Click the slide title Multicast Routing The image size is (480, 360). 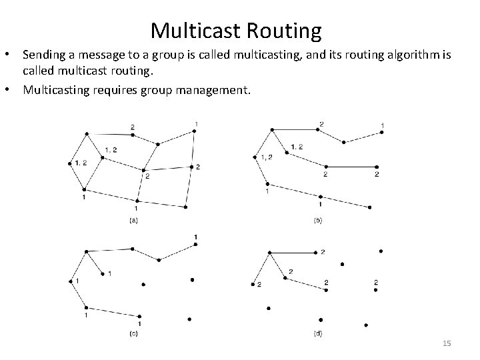(236, 30)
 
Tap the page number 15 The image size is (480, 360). (447, 343)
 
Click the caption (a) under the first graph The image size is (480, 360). (133, 220)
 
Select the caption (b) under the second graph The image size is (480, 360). (317, 220)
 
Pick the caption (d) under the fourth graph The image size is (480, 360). (317, 333)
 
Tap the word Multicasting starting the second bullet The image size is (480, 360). (57, 89)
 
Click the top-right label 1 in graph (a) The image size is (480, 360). (196, 123)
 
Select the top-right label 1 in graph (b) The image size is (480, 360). (382, 125)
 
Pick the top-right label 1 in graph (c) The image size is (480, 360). (195, 237)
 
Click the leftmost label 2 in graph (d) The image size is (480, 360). (258, 285)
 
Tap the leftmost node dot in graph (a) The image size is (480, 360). (70, 163)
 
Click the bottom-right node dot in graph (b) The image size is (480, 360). (370, 208)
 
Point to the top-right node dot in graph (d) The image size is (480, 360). (381, 251)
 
